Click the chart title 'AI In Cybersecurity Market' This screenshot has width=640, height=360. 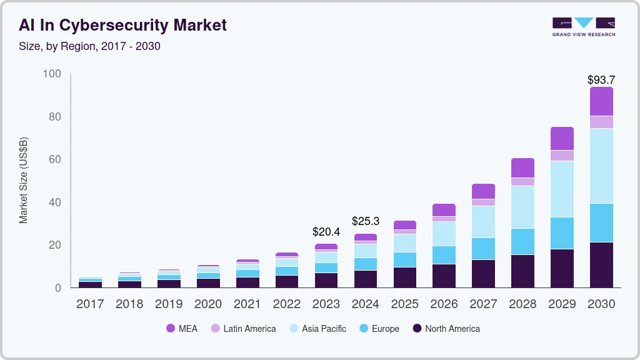[122, 25]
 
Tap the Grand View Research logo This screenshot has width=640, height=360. [583, 26]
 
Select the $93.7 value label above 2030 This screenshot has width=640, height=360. [601, 80]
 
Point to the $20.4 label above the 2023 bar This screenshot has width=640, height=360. [326, 232]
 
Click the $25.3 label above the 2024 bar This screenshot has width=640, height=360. [366, 221]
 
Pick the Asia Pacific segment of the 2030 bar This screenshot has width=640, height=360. [601, 166]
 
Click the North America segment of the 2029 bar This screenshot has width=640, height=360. [562, 268]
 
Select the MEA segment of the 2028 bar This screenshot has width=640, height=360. [522, 167]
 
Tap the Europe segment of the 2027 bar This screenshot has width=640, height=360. [483, 249]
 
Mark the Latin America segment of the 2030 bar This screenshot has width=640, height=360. [601, 122]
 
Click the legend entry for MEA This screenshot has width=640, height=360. [182, 329]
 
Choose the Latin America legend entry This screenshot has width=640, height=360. [243, 329]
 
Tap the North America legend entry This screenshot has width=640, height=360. [446, 329]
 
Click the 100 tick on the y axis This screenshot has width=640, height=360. [52, 74]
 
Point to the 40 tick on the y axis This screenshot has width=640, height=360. [54, 202]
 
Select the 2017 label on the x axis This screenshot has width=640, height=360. [90, 304]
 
